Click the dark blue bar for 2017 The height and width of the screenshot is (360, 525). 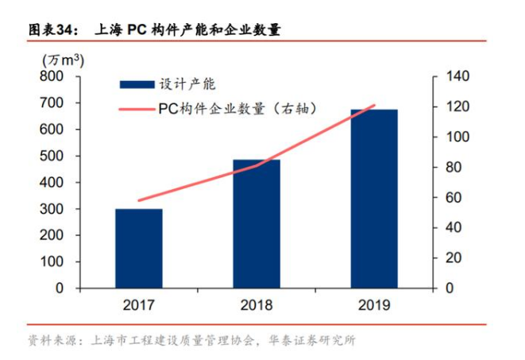point(139,248)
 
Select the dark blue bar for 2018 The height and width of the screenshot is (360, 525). point(257,223)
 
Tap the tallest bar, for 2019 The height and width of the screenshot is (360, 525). point(374,198)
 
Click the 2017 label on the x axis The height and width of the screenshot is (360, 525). point(139,305)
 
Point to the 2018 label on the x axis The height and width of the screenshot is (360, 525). point(257,305)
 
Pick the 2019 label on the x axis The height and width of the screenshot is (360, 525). point(374,305)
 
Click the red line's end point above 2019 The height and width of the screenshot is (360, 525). point(374,106)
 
